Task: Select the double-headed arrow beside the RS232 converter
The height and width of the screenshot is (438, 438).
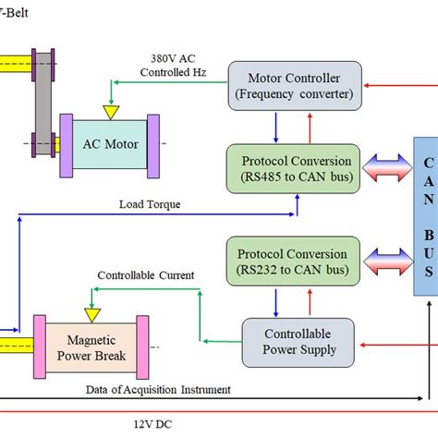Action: pos(383,262)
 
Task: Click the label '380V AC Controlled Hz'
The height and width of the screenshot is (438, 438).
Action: pos(171,65)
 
